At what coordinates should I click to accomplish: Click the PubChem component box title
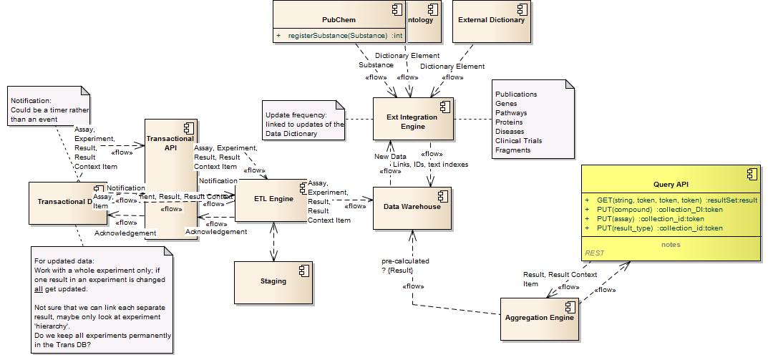pyautogui.click(x=339, y=20)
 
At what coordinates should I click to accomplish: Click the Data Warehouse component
pyautogui.click(x=412, y=208)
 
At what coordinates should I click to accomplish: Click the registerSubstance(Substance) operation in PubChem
pyautogui.click(x=337, y=35)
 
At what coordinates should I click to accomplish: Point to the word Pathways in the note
pyautogui.click(x=512, y=113)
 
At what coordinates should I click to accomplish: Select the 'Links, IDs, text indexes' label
pyautogui.click(x=431, y=165)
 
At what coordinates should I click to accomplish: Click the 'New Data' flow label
pyautogui.click(x=390, y=156)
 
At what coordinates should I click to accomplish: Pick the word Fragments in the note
pyautogui.click(x=513, y=150)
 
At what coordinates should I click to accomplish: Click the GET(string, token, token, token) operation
pyautogui.click(x=671, y=200)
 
